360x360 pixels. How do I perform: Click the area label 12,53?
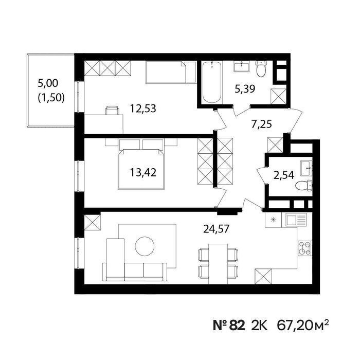[143, 109]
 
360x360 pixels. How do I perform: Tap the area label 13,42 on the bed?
[143, 172]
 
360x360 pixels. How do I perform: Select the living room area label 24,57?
[217, 229]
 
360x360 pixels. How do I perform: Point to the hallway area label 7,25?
[261, 124]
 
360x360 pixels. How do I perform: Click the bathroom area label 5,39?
[245, 88]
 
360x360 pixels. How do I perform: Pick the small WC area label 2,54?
[284, 175]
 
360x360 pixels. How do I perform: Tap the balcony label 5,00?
[48, 83]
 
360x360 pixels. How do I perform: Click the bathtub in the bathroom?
[212, 82]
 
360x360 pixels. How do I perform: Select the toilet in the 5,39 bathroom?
[261, 68]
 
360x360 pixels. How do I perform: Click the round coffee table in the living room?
[145, 246]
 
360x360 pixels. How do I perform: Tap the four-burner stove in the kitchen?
[305, 248]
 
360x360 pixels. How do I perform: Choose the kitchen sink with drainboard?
[296, 220]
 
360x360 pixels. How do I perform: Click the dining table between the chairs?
[218, 264]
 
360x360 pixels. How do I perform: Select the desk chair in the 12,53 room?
[112, 111]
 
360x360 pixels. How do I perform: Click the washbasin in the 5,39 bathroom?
[242, 66]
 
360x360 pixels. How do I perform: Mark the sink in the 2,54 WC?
[307, 168]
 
